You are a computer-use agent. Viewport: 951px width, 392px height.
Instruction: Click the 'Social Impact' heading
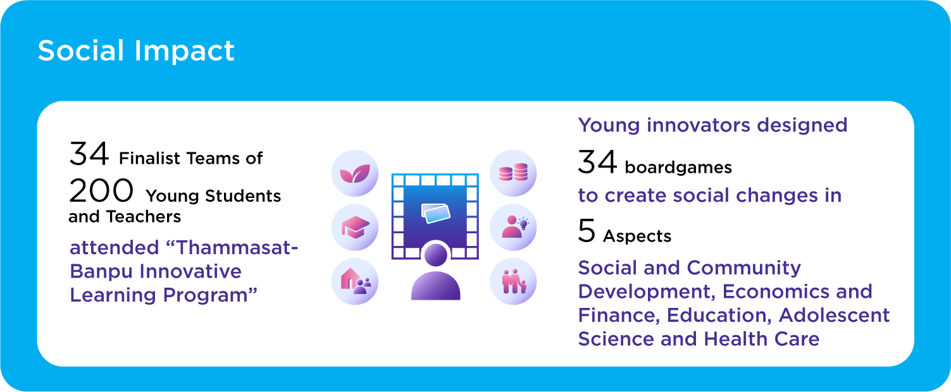click(136, 51)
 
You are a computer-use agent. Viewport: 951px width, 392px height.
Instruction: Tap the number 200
click(101, 190)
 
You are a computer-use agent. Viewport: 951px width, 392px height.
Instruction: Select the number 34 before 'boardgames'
click(597, 162)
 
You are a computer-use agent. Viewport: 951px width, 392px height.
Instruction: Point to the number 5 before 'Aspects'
click(587, 231)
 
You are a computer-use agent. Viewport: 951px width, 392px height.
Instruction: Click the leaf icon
click(355, 173)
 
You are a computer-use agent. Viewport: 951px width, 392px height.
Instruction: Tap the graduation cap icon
click(355, 228)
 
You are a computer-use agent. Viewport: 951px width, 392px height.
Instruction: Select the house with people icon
click(355, 282)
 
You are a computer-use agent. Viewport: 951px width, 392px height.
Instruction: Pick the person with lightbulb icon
click(513, 228)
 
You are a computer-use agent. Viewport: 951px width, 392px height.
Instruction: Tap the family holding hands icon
click(513, 282)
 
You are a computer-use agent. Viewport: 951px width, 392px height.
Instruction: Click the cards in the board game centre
click(435, 214)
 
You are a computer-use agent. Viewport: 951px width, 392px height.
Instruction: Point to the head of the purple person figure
click(436, 255)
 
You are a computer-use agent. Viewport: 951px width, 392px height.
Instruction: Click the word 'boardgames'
click(678, 168)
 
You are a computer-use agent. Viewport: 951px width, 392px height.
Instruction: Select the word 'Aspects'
click(637, 236)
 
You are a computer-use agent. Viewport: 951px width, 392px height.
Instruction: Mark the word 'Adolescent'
click(834, 315)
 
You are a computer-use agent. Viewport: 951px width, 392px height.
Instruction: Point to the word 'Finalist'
click(149, 158)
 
